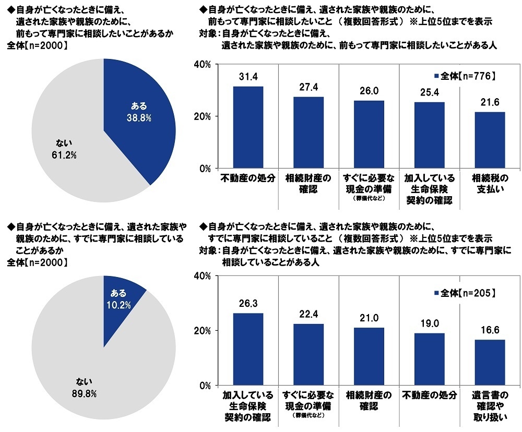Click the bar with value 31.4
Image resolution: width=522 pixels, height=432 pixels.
coord(248,128)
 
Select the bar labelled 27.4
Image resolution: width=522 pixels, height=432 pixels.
coord(309,133)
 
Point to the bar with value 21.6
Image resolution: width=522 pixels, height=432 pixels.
coord(490,140)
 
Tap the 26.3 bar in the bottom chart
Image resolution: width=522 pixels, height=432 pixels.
coord(248,350)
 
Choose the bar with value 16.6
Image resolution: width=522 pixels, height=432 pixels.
coord(490,363)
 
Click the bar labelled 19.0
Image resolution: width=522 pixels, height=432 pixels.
coord(429,359)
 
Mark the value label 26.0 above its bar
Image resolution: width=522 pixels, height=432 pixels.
coord(369,91)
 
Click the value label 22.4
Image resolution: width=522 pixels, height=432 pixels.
coord(309,314)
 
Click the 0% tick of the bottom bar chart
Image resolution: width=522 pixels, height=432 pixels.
coord(204,386)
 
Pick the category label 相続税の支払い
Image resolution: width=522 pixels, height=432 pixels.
coord(490,183)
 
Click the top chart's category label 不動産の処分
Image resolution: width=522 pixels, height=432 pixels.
coord(248,177)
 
